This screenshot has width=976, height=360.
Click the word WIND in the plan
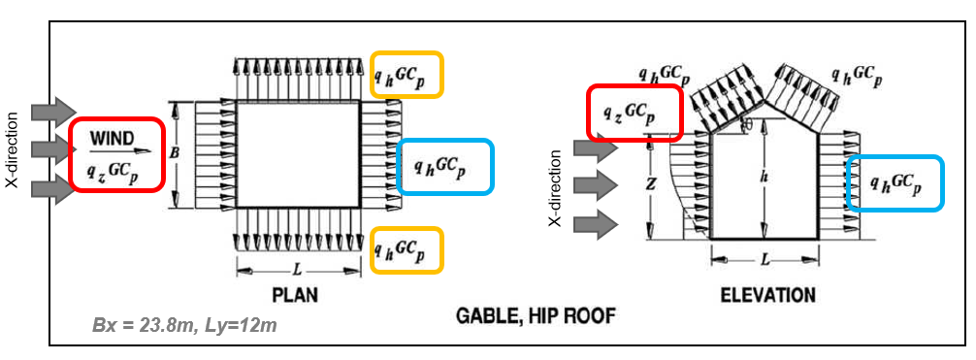click(x=114, y=139)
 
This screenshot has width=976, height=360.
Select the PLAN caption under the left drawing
click(x=295, y=294)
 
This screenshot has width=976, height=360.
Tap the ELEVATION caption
click(x=767, y=294)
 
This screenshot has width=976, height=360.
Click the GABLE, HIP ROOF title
click(x=537, y=316)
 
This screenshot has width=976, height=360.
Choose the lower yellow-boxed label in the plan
click(x=407, y=249)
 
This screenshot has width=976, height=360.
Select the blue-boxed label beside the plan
click(x=445, y=167)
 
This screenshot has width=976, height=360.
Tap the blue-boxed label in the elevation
click(x=895, y=181)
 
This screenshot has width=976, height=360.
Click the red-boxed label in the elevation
click(x=635, y=112)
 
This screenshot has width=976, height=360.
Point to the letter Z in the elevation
click(x=657, y=181)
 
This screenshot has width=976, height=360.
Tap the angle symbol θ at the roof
click(x=746, y=126)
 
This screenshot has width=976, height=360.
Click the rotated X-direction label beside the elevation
click(x=556, y=188)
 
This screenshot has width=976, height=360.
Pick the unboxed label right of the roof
click(x=856, y=75)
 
